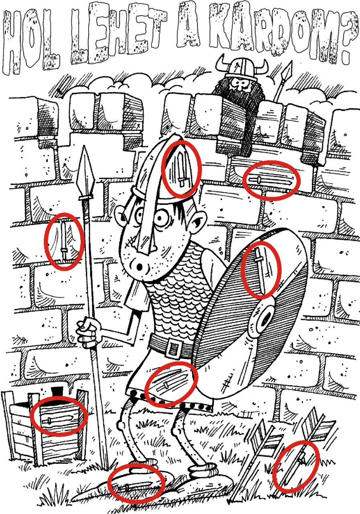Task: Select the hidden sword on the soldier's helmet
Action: point(181,169)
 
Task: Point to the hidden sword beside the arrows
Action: point(295,468)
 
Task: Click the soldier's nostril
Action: point(139,267)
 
